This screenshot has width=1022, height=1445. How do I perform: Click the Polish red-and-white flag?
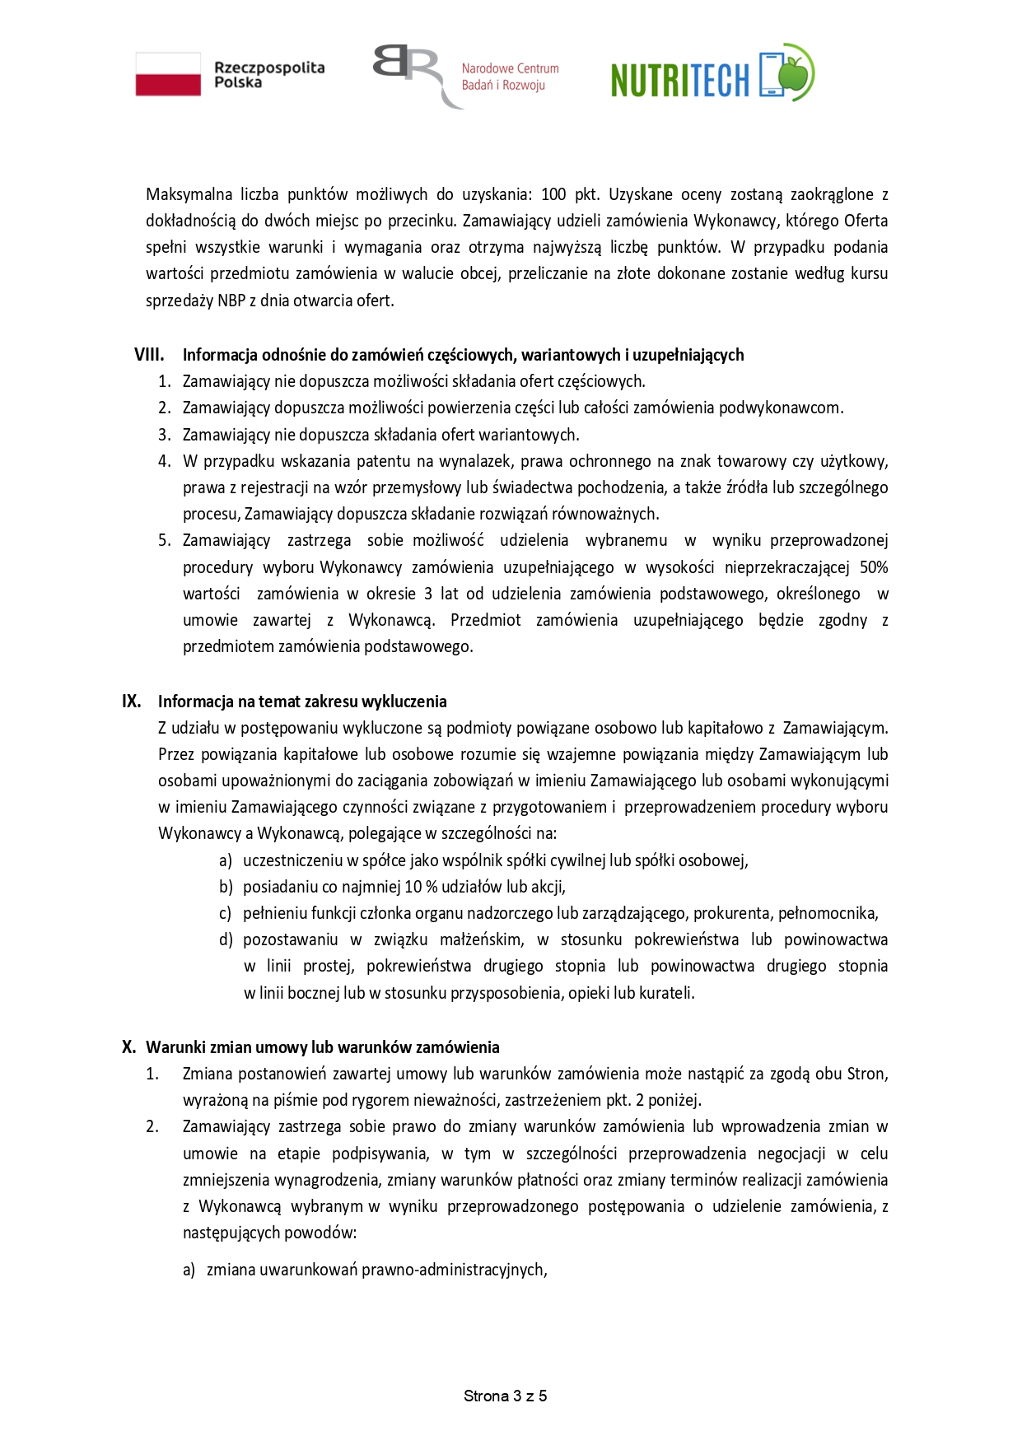click(168, 74)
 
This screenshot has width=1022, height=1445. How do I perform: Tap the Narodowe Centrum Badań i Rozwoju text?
click(510, 77)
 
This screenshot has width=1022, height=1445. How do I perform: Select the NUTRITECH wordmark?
click(680, 80)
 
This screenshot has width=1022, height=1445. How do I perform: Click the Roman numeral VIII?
click(149, 355)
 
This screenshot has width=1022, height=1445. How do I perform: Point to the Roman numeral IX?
click(132, 702)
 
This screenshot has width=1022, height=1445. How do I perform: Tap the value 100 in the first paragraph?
click(553, 195)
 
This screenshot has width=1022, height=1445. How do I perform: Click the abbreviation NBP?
click(231, 301)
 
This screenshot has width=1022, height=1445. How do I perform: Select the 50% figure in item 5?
click(873, 567)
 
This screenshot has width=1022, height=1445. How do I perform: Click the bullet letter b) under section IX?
click(226, 887)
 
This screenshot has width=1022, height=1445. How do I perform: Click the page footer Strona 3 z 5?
click(505, 1396)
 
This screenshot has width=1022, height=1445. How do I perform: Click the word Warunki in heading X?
click(176, 1047)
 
